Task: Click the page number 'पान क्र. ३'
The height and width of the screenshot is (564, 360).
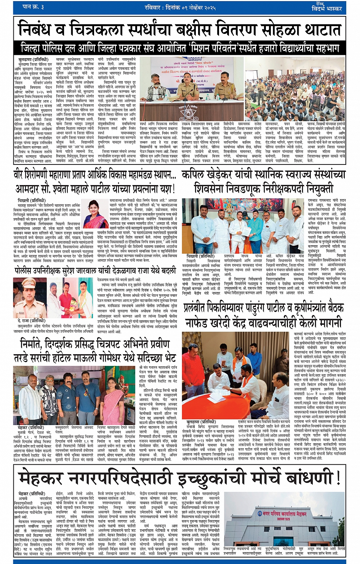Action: (x=33, y=7)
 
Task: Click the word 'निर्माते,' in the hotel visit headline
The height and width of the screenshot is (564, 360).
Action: (x=38, y=344)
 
